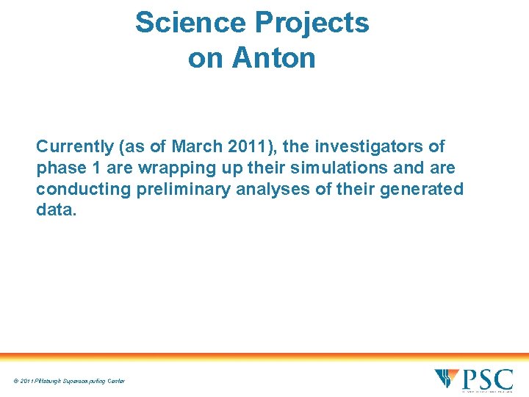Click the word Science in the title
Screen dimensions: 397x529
pos(190,23)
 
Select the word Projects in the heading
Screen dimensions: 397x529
pos(312,23)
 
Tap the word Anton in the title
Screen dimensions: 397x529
pos(274,57)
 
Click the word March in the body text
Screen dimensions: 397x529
pos(196,146)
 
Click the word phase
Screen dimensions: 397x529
pos(58,168)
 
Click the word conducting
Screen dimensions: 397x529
pos(83,189)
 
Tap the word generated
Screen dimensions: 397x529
pos(421,189)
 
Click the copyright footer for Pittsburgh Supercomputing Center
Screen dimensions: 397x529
pos(69,381)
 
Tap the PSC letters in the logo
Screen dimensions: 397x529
pos(486,379)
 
